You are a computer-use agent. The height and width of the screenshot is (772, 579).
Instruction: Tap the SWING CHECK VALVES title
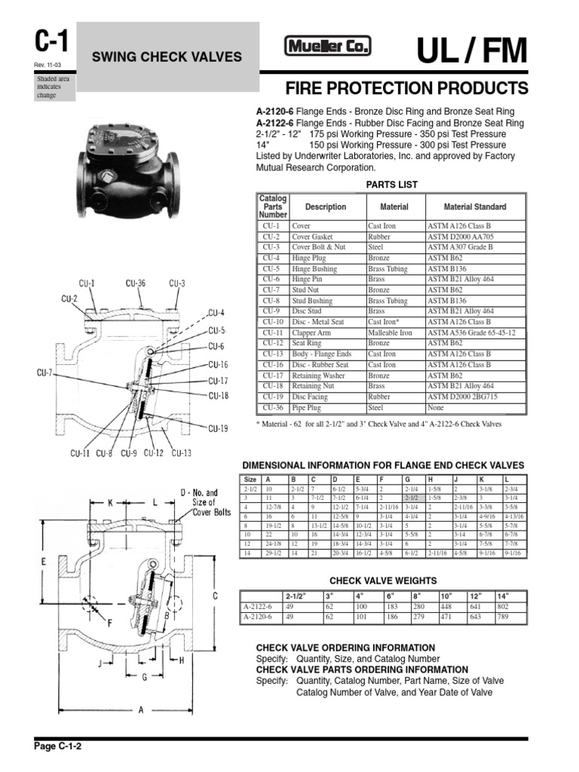pyautogui.click(x=167, y=57)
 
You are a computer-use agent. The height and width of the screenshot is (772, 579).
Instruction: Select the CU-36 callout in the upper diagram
pyautogui.click(x=136, y=283)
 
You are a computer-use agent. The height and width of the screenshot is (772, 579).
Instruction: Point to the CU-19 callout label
pyautogui.click(x=218, y=429)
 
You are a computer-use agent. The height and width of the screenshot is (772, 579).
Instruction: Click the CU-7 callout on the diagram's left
pyautogui.click(x=44, y=372)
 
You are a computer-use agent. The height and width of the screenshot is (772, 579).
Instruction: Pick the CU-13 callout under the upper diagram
pyautogui.click(x=181, y=453)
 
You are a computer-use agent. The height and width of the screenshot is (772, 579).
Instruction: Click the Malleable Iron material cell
pyautogui.click(x=390, y=332)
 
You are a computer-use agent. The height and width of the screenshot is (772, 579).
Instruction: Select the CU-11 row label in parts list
pyautogui.click(x=272, y=332)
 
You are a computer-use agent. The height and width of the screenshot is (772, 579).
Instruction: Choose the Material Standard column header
pyautogui.click(x=475, y=207)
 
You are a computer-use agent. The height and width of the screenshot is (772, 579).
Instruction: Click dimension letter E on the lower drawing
pyautogui.click(x=44, y=561)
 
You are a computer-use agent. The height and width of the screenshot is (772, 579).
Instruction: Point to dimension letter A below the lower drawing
pyautogui.click(x=141, y=709)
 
